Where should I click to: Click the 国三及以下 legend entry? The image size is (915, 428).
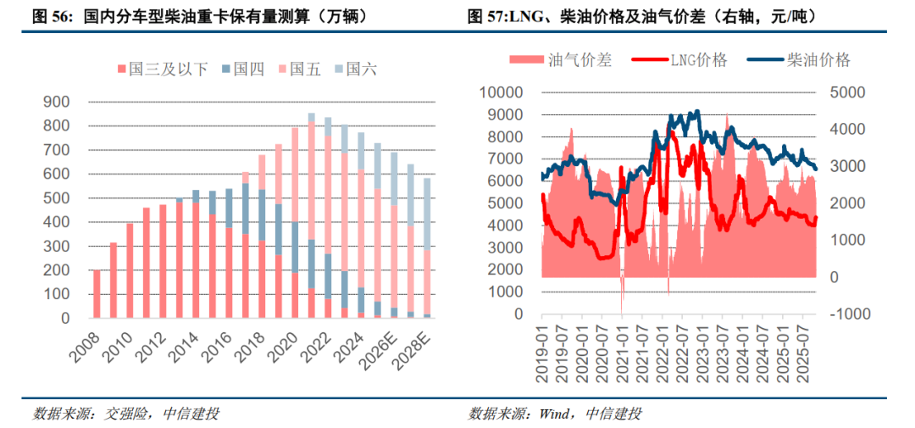point(161,69)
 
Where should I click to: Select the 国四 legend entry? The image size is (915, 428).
point(242,69)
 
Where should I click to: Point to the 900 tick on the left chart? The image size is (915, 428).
point(55,102)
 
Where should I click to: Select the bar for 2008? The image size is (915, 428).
point(96,294)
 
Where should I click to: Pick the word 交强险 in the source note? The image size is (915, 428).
point(126,414)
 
